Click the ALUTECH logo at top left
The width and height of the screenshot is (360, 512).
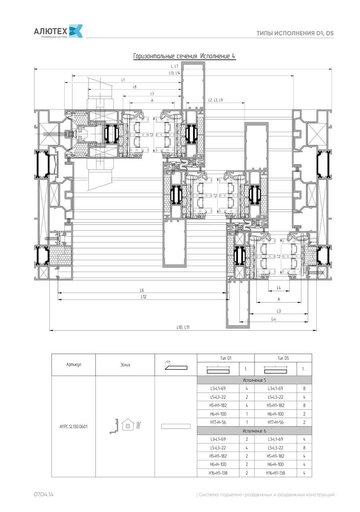(x=58, y=31)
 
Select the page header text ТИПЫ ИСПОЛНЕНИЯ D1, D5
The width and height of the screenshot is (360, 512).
(x=295, y=33)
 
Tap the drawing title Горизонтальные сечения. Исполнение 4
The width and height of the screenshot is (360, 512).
(x=184, y=56)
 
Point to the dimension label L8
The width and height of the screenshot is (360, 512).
(x=135, y=87)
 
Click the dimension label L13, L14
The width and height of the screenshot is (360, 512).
(x=175, y=73)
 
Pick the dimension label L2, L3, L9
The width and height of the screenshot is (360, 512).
(x=215, y=100)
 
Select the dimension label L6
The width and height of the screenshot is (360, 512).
(x=142, y=290)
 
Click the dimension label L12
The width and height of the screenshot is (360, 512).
(x=143, y=297)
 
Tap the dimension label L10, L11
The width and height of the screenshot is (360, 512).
(x=183, y=327)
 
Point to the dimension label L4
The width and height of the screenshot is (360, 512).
(x=279, y=288)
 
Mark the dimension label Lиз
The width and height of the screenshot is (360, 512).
(x=274, y=319)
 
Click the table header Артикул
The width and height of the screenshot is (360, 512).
(x=74, y=364)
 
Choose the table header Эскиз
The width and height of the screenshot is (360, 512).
(x=125, y=365)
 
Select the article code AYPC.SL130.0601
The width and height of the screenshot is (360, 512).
(x=74, y=426)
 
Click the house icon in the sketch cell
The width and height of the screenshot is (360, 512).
(x=128, y=425)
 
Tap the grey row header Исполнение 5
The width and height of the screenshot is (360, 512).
(x=254, y=380)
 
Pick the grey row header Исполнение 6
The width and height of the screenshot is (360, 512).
(x=254, y=431)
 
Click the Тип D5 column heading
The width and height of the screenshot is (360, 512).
(x=283, y=358)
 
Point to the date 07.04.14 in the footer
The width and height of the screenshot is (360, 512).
(x=44, y=494)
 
